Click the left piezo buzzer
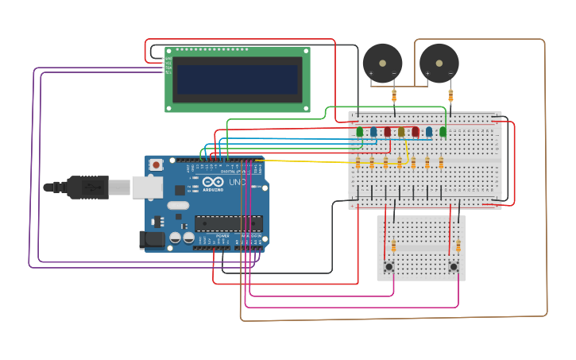(x=382, y=63)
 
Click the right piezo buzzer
(x=439, y=63)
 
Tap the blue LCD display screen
(x=238, y=79)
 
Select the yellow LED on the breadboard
(x=401, y=132)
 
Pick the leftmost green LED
(x=360, y=132)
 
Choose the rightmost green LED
(x=443, y=132)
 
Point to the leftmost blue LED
(x=373, y=132)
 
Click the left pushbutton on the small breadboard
(x=389, y=266)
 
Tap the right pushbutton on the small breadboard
(x=454, y=266)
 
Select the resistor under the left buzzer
(x=394, y=96)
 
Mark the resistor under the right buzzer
(x=450, y=96)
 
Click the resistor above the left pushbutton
(x=393, y=246)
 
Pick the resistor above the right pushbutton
(x=458, y=246)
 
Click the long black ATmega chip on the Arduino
(x=228, y=223)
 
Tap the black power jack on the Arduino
(x=152, y=239)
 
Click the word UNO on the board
(x=238, y=182)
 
